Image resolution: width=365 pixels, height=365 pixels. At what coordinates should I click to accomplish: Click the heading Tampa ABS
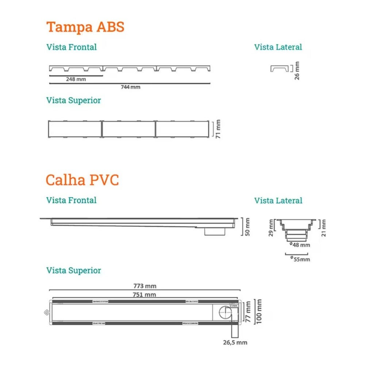click(85, 27)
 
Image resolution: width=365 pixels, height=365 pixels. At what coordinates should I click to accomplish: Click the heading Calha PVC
click(82, 180)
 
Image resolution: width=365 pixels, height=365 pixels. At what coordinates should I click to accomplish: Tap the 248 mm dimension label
click(76, 79)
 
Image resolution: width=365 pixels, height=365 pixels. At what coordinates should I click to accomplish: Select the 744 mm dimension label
click(130, 87)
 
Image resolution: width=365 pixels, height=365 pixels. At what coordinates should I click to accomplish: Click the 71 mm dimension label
click(218, 129)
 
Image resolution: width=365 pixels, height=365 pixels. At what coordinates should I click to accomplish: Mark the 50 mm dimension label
click(248, 227)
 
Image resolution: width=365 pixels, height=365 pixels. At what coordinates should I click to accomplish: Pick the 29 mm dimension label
click(271, 227)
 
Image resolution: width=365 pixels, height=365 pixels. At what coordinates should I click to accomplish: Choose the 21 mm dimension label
click(324, 228)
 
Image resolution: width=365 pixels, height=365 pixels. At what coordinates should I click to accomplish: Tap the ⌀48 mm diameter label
click(300, 245)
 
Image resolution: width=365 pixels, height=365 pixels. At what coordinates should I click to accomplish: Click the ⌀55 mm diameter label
click(300, 259)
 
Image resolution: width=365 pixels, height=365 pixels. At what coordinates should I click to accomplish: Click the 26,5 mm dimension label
click(235, 342)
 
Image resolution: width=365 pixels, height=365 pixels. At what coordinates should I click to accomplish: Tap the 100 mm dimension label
click(259, 312)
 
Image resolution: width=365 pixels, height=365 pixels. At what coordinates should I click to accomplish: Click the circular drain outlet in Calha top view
click(223, 313)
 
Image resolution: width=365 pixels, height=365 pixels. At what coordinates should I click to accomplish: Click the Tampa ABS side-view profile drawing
click(279, 68)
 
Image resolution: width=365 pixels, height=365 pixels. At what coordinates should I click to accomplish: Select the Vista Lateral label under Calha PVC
click(278, 200)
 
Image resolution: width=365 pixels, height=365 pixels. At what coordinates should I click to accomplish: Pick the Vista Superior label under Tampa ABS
click(73, 100)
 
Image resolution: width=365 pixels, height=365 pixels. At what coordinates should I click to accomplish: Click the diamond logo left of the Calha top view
click(45, 312)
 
